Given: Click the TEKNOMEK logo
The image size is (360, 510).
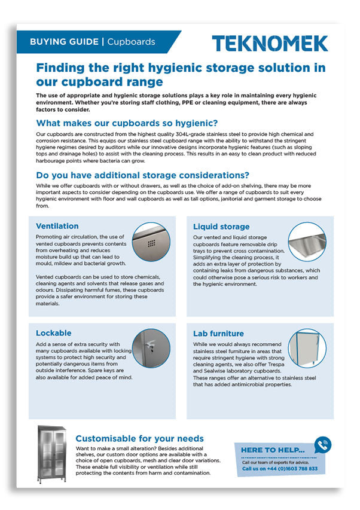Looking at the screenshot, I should [270, 43].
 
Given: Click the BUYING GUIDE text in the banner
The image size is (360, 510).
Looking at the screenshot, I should [64, 42].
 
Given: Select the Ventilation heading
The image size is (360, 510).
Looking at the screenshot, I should [57, 226].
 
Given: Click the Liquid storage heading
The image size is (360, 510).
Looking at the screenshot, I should [221, 227].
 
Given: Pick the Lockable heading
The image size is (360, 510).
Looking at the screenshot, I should [53, 332].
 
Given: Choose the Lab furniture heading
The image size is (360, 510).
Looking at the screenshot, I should [218, 333].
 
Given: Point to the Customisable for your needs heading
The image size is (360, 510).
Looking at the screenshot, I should [139, 438].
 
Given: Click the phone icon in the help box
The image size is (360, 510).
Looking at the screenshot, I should [322, 444].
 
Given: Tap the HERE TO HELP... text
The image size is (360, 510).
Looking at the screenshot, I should [272, 450].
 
